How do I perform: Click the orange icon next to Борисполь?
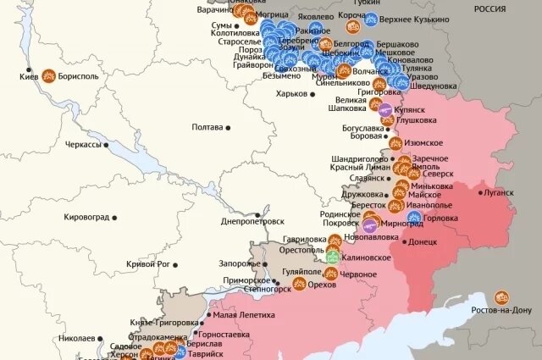click(x=49, y=75)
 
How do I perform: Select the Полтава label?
click(x=207, y=127)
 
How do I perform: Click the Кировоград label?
click(x=86, y=218)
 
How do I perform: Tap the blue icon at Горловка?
click(x=415, y=218)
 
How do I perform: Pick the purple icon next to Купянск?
click(x=385, y=110)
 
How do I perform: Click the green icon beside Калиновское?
click(x=334, y=257)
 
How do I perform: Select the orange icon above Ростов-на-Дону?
click(x=502, y=297)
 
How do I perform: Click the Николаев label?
click(x=76, y=338)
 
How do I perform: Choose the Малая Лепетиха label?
click(x=243, y=314)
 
